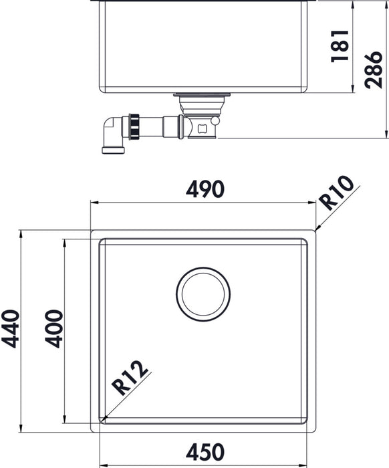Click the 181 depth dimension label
pos(341,47)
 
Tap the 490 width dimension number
pos(203,190)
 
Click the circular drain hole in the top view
pos(203,294)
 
